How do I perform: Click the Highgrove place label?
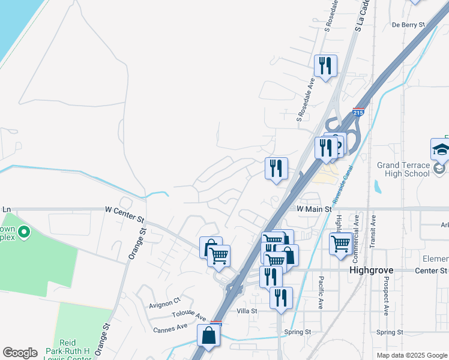(x=371, y=271)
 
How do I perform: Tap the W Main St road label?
(x=314, y=209)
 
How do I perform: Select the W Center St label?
(x=125, y=210)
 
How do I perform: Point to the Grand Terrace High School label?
(x=403, y=169)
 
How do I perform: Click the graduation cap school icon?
(x=441, y=150)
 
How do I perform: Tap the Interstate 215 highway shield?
(x=358, y=112)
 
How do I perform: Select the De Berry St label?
(x=408, y=25)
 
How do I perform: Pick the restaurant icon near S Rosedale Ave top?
(x=326, y=65)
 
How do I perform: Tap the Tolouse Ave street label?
(x=190, y=316)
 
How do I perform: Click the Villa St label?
(x=247, y=311)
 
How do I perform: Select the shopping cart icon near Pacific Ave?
(x=341, y=244)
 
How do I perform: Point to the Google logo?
(x=20, y=353)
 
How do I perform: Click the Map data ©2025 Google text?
(x=411, y=355)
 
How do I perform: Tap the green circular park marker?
(x=24, y=232)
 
